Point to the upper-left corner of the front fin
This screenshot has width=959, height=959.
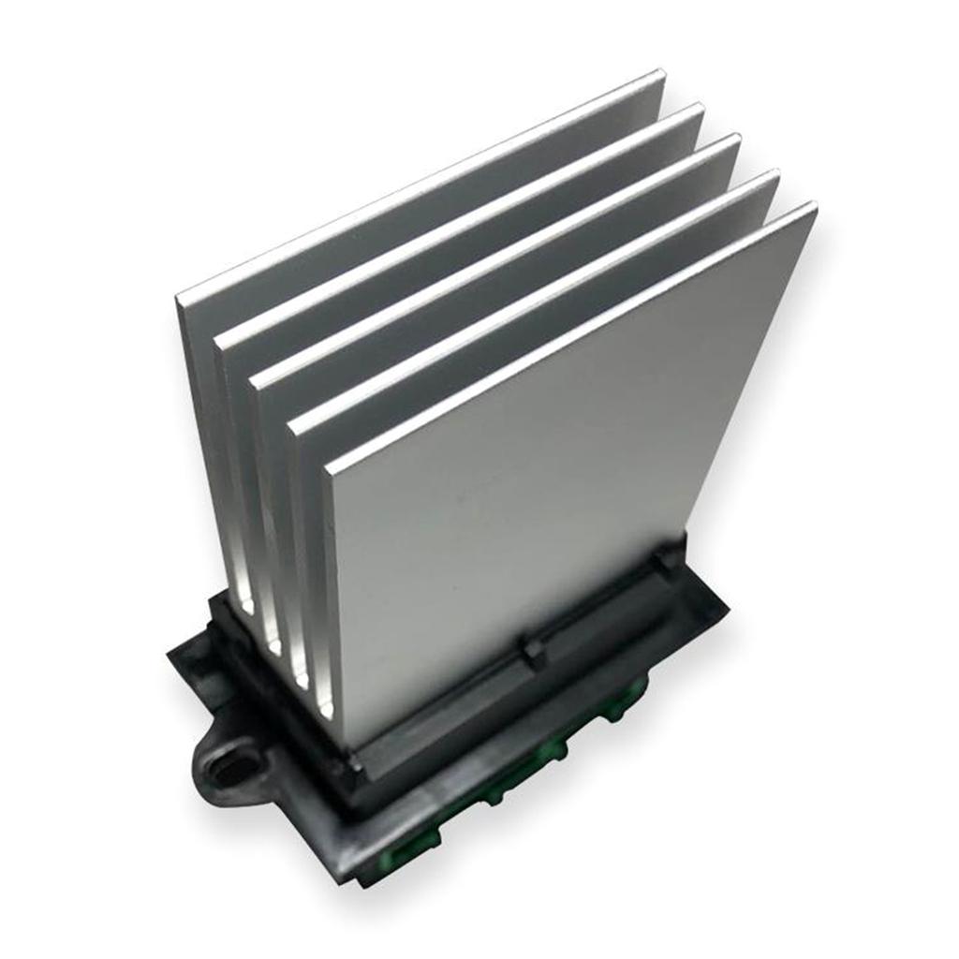pyautogui.click(x=327, y=465)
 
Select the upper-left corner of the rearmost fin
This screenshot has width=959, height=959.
pyautogui.click(x=178, y=299)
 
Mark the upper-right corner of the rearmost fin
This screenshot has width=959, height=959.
pyautogui.click(x=662, y=73)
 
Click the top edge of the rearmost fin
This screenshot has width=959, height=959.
pyautogui.click(x=421, y=185)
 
